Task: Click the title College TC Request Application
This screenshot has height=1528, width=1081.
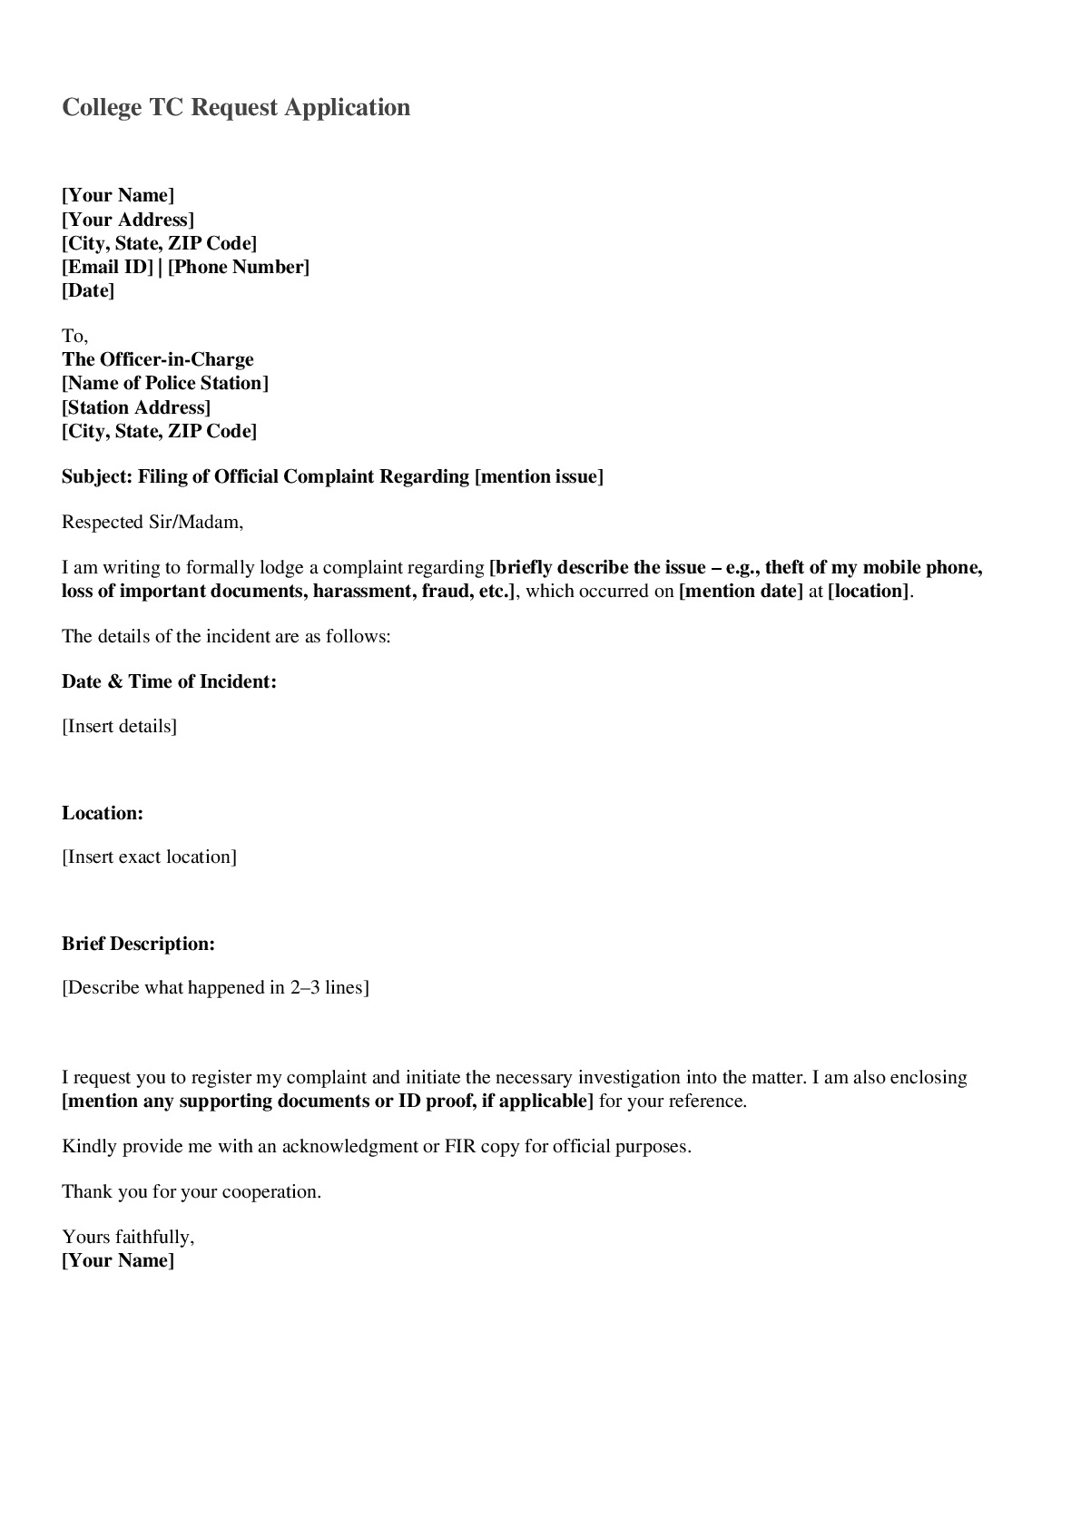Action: [236, 107]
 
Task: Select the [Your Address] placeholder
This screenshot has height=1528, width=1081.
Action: [128, 220]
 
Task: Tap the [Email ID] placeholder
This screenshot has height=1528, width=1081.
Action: [107, 267]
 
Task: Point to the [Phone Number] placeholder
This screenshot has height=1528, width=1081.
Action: [239, 267]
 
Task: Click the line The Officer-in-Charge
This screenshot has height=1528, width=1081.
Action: [158, 359]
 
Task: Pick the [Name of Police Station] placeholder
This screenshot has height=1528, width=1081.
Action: [165, 383]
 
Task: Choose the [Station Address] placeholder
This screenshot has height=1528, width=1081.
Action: [136, 407]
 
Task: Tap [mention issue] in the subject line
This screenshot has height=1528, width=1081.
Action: [539, 476]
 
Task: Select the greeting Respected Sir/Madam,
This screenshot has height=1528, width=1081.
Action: [152, 522]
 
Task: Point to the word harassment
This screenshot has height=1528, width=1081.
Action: [362, 592]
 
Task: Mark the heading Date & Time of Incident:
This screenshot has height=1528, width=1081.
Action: [169, 681]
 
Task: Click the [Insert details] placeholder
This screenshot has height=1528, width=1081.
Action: [119, 726]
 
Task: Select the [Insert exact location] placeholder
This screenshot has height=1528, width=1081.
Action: [149, 857]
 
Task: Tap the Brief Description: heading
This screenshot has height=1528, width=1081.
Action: [138, 944]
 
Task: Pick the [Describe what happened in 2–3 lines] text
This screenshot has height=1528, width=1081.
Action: [215, 987]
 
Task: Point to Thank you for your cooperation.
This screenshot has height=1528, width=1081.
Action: [192, 1191]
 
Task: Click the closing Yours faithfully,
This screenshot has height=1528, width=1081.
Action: [128, 1237]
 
